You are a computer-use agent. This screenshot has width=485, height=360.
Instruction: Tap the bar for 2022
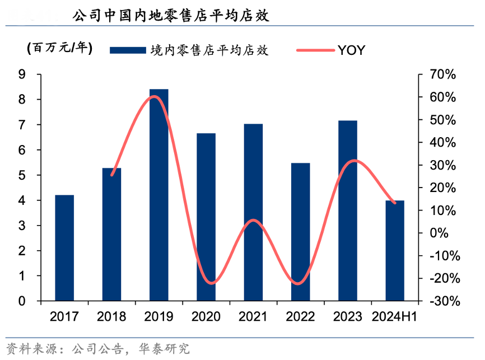pyautogui.click(x=301, y=232)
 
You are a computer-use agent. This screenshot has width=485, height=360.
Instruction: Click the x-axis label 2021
pyautogui.click(x=253, y=317)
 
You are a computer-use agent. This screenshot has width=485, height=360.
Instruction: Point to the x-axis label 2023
pyautogui.click(x=348, y=317)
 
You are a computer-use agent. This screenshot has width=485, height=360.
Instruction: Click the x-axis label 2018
pyautogui.click(x=111, y=317)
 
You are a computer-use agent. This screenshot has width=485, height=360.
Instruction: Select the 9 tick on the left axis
pyautogui.click(x=22, y=74)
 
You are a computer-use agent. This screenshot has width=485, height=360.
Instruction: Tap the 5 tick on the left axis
pyautogui.click(x=22, y=175)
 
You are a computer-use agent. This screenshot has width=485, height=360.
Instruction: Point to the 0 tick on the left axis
pyautogui.click(x=22, y=301)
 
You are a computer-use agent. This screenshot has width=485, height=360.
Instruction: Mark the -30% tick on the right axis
pyautogui.click(x=444, y=301)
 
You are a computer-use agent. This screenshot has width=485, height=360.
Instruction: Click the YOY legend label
pyautogui.click(x=351, y=50)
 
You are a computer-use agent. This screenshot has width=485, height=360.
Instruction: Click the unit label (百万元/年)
pyautogui.click(x=59, y=48)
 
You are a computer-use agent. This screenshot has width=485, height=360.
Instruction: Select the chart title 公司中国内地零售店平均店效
pyautogui.click(x=171, y=16)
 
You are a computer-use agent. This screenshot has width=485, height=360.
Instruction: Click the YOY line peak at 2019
pyautogui.click(x=156, y=96)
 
